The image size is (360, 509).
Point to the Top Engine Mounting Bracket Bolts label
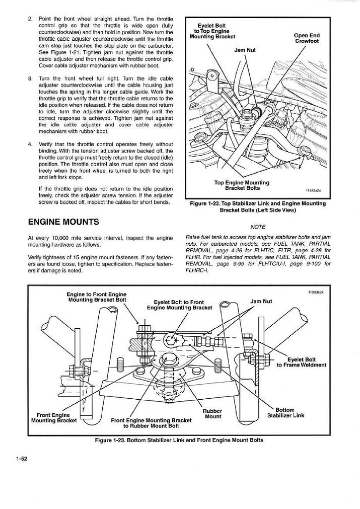click(242, 185)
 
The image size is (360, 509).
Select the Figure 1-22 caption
click(256, 207)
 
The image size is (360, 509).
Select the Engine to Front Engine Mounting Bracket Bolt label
click(97, 297)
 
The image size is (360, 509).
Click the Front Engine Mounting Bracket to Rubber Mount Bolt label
click(151, 423)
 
